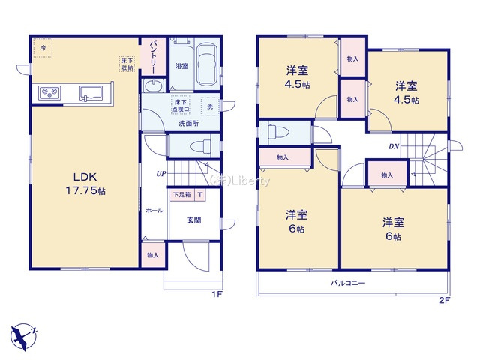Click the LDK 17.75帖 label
point(83,184)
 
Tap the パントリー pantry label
point(151,55)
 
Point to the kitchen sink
point(93,94)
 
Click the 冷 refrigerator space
point(43,49)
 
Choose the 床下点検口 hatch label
point(180,106)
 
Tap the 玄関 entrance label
point(193,220)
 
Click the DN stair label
point(393,147)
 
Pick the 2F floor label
point(443,301)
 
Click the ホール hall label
point(154,210)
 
